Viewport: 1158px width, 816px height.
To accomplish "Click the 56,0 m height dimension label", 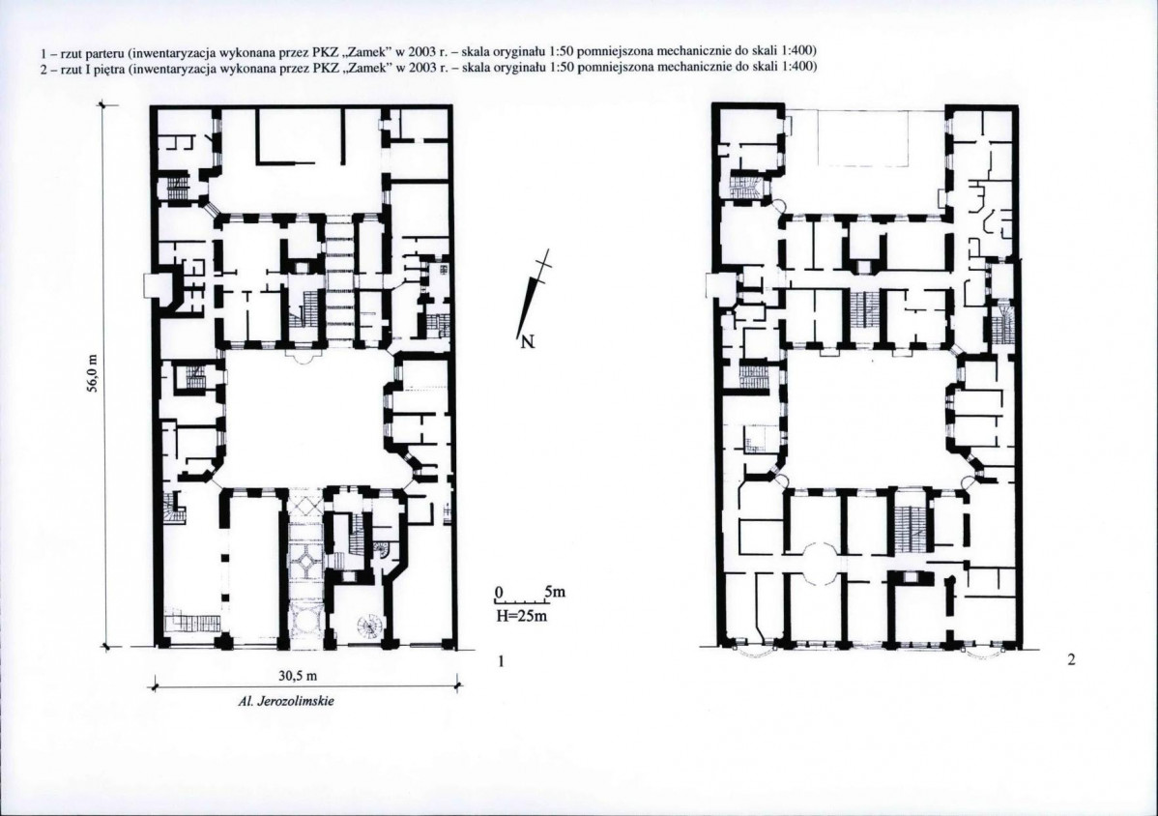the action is pos(93,374).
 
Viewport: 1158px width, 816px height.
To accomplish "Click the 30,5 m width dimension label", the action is pos(297,677).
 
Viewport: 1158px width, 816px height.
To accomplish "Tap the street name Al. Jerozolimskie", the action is pos(286,701).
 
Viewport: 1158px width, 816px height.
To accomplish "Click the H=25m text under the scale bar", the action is pos(521,616).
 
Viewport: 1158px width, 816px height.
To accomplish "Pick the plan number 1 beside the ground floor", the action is pos(501,661).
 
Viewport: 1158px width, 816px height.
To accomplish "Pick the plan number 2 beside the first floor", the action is pos(1071,660).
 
